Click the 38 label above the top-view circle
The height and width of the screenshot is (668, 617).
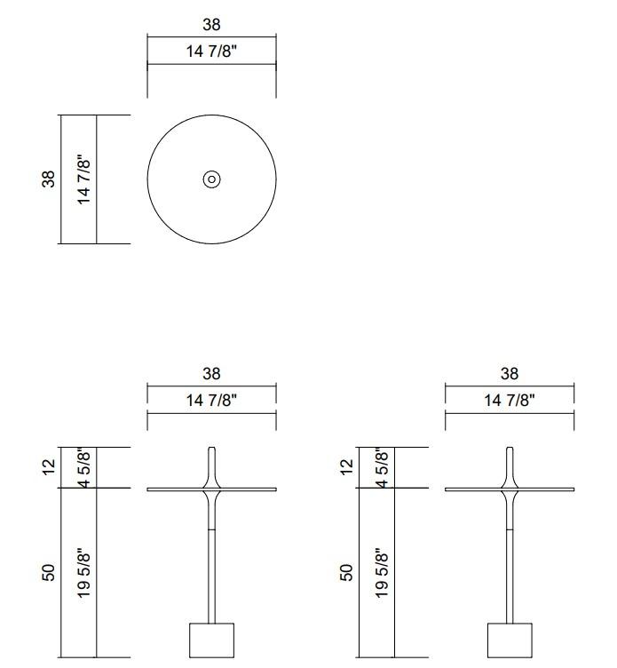click(x=211, y=25)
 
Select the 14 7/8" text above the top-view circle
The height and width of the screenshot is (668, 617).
click(x=211, y=52)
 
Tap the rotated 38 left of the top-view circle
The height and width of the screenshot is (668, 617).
click(x=49, y=179)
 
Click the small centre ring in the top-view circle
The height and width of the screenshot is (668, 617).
click(x=211, y=179)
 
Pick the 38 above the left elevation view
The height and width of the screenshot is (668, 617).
click(x=211, y=374)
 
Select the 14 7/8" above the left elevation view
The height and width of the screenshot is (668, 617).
click(x=211, y=401)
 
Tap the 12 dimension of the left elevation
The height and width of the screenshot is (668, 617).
click(x=49, y=465)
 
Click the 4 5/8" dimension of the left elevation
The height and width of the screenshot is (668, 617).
click(x=84, y=467)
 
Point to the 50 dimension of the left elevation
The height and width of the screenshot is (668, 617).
click(x=49, y=572)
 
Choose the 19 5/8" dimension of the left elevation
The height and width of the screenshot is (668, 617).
click(x=84, y=572)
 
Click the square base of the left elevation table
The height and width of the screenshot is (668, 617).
click(x=211, y=640)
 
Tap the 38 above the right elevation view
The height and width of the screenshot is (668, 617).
click(x=510, y=374)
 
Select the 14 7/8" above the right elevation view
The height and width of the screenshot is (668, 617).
click(x=510, y=401)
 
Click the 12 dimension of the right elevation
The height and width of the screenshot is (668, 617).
click(x=347, y=465)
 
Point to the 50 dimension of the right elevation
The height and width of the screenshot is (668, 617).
click(x=347, y=572)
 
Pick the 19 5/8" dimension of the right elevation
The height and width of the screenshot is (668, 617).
click(x=383, y=572)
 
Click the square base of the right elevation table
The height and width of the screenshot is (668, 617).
click(x=510, y=640)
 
